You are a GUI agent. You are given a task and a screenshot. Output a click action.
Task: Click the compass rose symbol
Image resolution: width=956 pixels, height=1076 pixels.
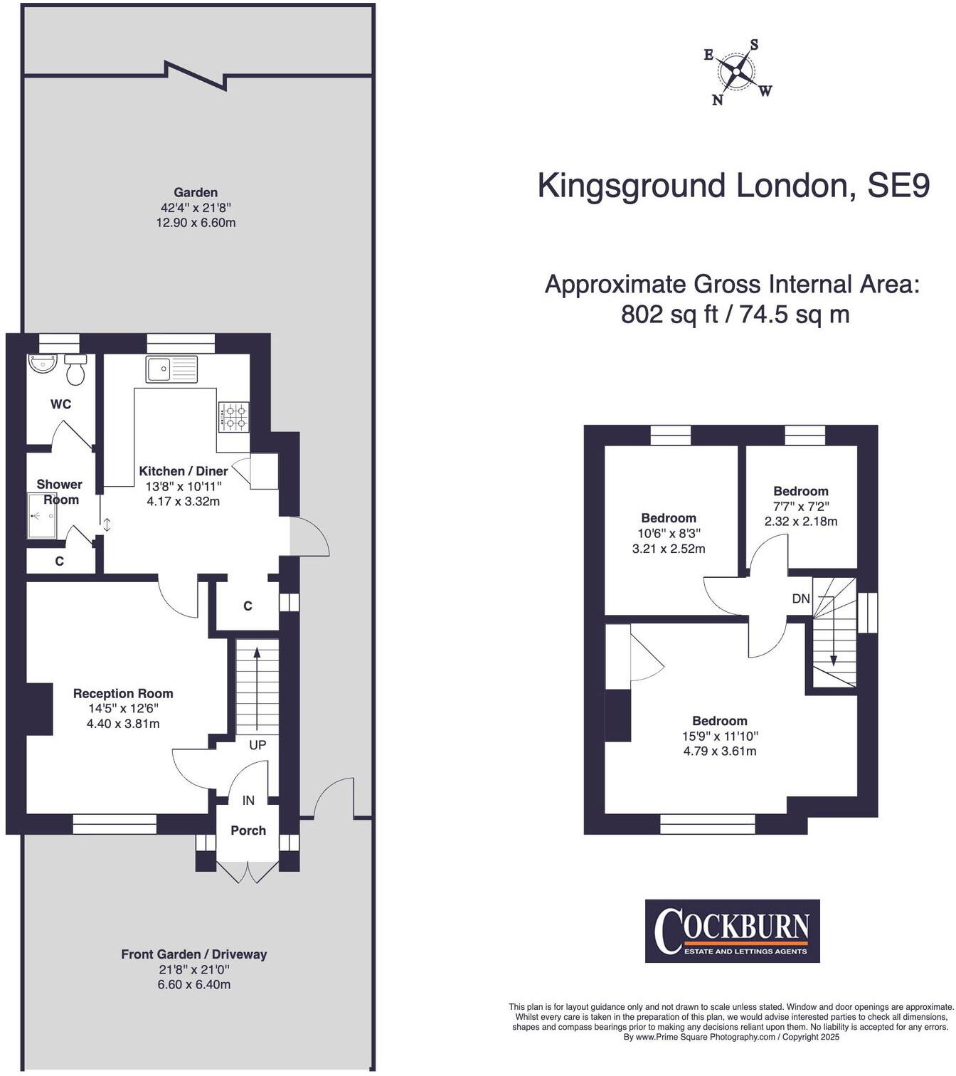pyautogui.click(x=735, y=72)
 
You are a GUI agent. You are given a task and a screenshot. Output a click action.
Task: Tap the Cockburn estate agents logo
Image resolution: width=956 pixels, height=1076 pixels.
pyautogui.click(x=732, y=931)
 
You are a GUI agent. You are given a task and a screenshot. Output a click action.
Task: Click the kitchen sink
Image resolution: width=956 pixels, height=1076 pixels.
pyautogui.click(x=171, y=369)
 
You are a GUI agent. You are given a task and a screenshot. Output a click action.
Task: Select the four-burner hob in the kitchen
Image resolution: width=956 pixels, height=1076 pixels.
pyautogui.click(x=233, y=417)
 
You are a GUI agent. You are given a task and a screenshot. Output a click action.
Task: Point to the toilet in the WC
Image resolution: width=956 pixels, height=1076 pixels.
pyautogui.click(x=75, y=369)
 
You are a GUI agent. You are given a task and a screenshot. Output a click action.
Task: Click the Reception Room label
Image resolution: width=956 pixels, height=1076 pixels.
pyautogui.click(x=123, y=693)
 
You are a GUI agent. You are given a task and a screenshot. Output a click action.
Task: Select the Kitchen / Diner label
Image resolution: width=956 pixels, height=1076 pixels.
pyautogui.click(x=183, y=471)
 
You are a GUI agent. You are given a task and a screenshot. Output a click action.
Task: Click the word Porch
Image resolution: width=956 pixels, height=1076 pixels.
pyautogui.click(x=248, y=830)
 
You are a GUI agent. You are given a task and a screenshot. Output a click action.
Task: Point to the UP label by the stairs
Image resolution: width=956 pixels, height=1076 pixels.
pyautogui.click(x=257, y=745)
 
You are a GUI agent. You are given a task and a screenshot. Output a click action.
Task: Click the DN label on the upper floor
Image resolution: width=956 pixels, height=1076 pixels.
pyautogui.click(x=801, y=598)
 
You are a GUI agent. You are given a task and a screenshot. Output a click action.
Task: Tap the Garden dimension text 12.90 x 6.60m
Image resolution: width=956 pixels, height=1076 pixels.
pyautogui.click(x=196, y=223)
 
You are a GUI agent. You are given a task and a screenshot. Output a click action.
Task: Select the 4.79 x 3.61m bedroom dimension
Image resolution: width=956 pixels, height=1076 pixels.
pyautogui.click(x=719, y=751)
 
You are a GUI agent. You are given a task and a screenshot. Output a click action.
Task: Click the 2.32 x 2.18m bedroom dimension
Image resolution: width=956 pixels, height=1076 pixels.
pyautogui.click(x=800, y=522)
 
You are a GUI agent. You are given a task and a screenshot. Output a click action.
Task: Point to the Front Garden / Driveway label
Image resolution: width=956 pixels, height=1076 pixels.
pyautogui.click(x=193, y=954)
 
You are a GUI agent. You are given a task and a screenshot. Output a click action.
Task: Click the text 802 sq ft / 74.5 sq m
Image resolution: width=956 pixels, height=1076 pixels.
pyautogui.click(x=735, y=314)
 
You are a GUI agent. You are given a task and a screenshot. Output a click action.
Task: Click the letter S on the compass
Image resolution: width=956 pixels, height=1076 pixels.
pyautogui.click(x=754, y=45)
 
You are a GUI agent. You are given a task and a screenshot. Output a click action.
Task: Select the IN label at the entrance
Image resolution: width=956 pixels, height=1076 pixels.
pyautogui.click(x=248, y=801)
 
